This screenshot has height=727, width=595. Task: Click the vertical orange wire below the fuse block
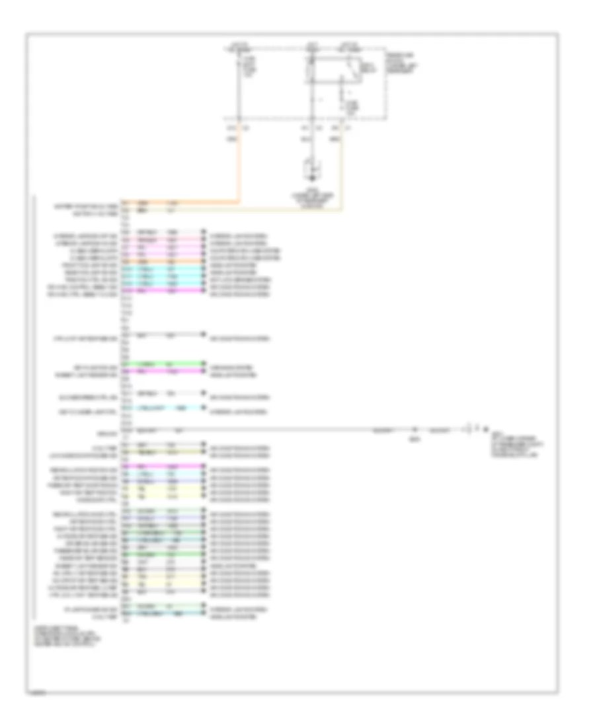pos(240,165)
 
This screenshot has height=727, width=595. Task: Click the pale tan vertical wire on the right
pos(341,172)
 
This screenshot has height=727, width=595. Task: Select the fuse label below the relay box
pos(352,106)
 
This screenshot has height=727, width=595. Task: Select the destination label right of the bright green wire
pos(228,364)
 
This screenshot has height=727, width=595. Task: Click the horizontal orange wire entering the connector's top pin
pos(185,202)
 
